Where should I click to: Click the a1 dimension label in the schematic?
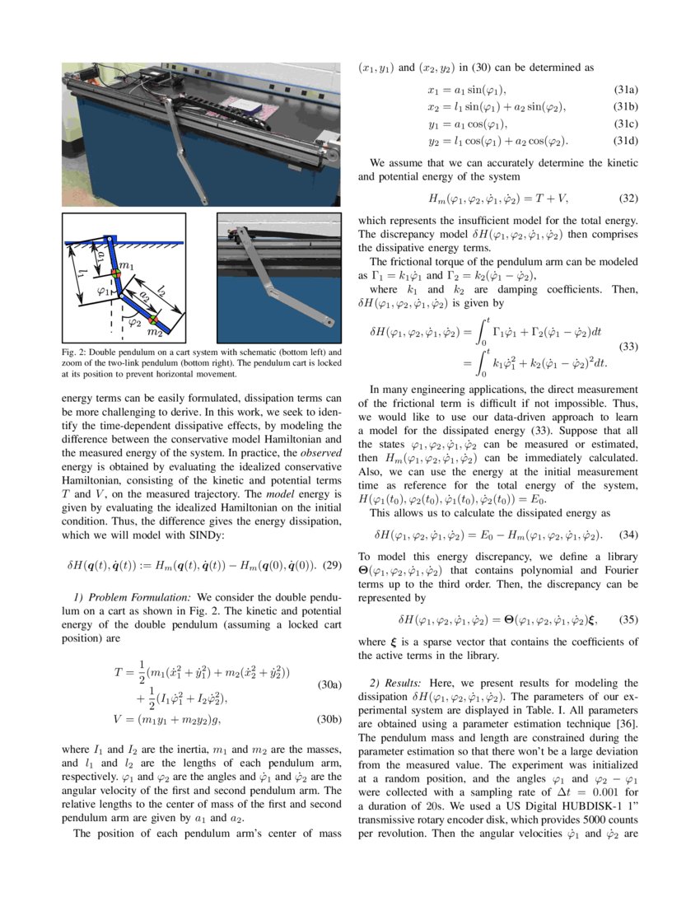click(x=100, y=256)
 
